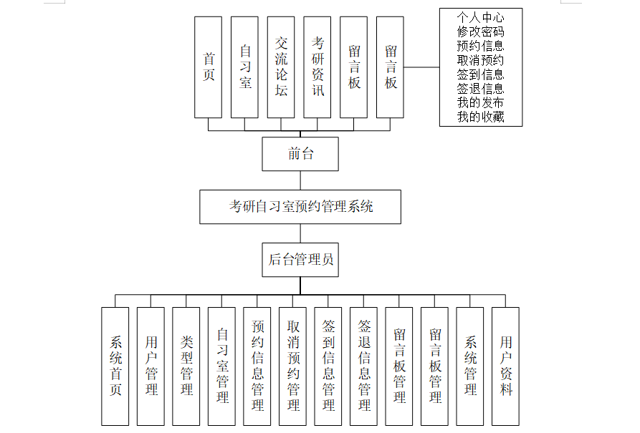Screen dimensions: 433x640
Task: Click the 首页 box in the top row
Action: [209, 67]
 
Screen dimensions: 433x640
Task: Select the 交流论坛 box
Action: [281, 67]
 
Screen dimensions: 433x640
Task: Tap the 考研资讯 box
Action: [317, 67]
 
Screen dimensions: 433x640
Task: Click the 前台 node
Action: [300, 154]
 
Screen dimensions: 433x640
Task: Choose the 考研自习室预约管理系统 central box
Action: [300, 207]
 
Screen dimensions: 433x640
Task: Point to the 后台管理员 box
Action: [300, 259]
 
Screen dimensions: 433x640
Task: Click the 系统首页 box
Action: [115, 366]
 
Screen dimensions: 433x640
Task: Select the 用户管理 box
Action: [151, 366]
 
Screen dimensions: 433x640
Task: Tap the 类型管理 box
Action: [186, 366]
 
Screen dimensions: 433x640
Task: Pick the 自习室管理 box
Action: [222, 366]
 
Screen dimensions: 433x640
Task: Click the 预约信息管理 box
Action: [257, 366]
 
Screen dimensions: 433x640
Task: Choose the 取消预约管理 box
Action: [293, 366]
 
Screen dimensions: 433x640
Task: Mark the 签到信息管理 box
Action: [328, 366]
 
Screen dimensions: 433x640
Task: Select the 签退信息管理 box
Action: [364, 366]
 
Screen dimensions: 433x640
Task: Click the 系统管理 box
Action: [470, 366]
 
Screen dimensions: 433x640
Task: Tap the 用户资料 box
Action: [506, 366]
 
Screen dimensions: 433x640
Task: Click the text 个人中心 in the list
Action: [481, 17]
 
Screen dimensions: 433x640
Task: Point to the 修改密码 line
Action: [481, 31]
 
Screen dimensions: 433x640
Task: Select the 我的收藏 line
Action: [481, 117]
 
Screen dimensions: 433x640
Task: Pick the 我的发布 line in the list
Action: [481, 102]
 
